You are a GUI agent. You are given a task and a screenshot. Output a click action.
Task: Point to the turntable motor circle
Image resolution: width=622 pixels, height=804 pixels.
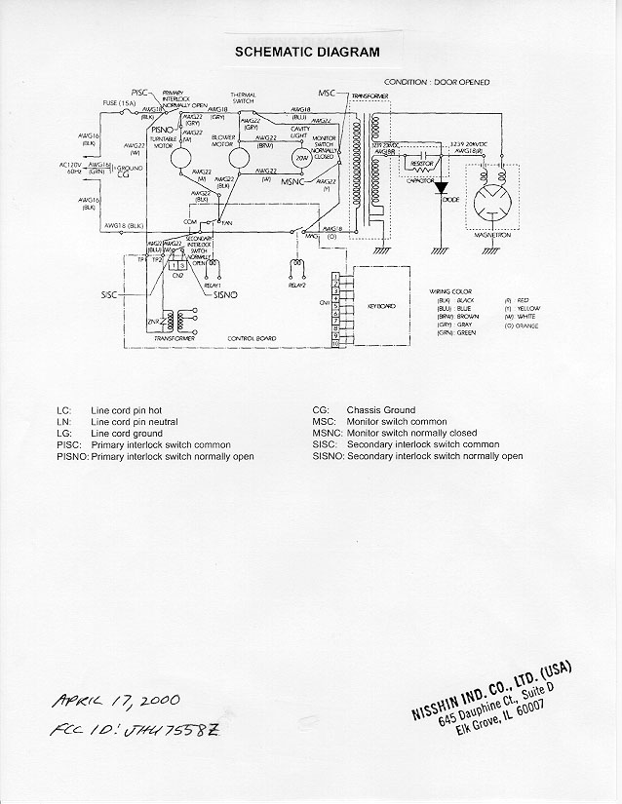click(177, 161)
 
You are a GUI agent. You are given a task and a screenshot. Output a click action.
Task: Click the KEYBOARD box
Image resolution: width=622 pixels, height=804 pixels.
click(383, 305)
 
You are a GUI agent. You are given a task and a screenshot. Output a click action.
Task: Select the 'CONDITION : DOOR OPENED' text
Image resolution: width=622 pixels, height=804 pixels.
click(436, 82)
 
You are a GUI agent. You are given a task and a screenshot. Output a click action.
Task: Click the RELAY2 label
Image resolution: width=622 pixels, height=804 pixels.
click(297, 285)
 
